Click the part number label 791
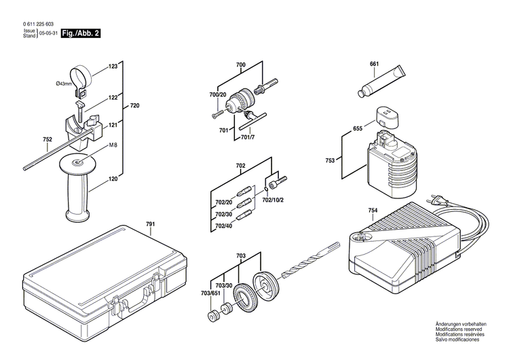(150, 223)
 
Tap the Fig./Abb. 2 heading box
(81, 33)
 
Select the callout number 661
(374, 64)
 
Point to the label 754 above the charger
(373, 211)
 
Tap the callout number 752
(47, 141)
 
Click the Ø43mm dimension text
(64, 84)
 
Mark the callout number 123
(113, 67)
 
